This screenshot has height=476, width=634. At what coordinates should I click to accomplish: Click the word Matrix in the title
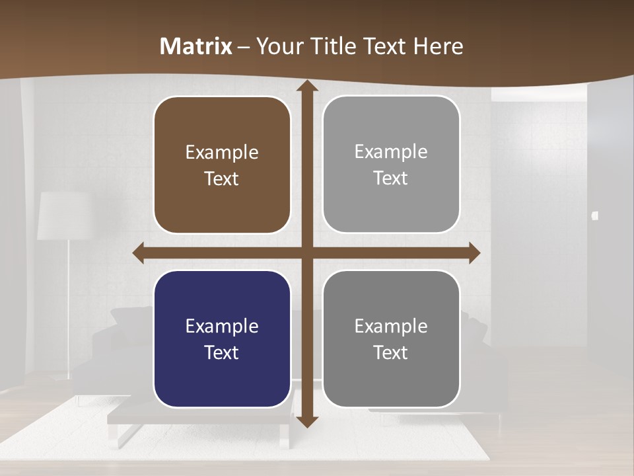[x=196, y=46]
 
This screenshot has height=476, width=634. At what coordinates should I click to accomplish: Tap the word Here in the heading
[x=438, y=46]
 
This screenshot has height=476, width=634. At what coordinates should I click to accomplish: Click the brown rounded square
[x=222, y=165]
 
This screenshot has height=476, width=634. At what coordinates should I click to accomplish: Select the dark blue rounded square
[x=222, y=338]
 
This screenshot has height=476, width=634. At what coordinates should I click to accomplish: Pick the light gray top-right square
[x=391, y=164]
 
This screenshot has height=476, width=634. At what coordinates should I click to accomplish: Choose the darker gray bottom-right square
[x=391, y=338]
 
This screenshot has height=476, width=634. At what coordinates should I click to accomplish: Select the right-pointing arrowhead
[x=474, y=253]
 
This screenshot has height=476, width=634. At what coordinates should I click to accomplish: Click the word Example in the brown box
[x=222, y=153]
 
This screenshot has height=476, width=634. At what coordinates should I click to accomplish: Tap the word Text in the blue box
[x=222, y=352]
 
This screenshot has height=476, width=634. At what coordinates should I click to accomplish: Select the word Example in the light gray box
[x=391, y=152]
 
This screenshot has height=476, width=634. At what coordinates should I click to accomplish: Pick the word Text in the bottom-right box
[x=391, y=352]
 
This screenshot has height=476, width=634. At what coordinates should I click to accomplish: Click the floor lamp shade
[x=63, y=216]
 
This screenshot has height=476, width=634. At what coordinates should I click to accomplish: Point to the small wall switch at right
[x=595, y=215]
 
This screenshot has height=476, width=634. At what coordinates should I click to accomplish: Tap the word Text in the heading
[x=383, y=46]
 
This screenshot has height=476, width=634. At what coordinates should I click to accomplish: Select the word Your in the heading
[x=277, y=46]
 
